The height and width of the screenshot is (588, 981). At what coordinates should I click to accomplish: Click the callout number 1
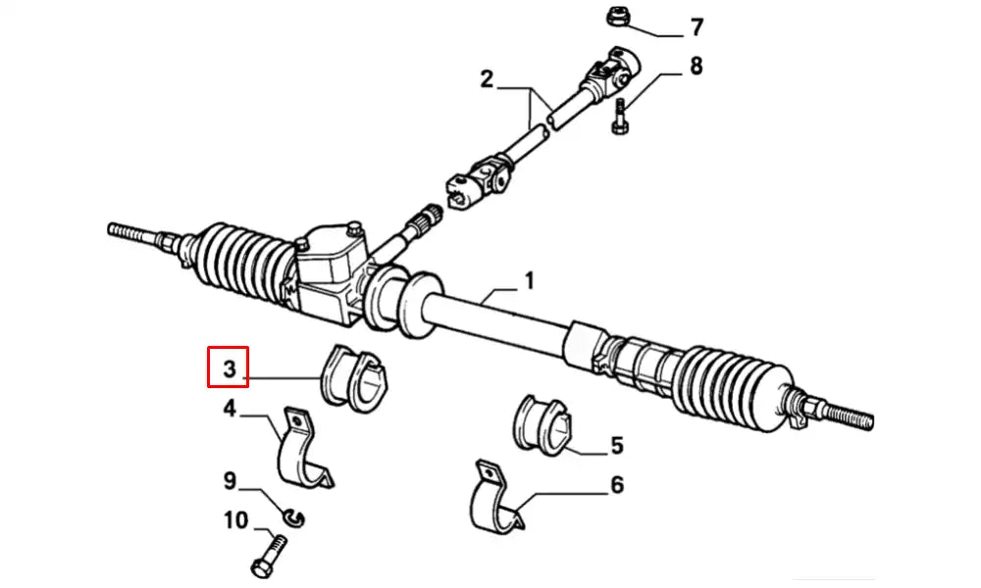point(529,282)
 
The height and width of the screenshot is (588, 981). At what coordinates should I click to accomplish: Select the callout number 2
point(487,79)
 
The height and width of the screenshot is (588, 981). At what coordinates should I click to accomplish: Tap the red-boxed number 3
point(229,368)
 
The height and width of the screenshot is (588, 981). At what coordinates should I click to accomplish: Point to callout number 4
point(230,408)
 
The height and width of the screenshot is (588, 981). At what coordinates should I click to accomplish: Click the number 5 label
point(616,446)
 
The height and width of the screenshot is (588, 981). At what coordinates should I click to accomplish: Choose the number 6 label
point(616,484)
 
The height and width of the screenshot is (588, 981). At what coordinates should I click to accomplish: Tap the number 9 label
point(230,481)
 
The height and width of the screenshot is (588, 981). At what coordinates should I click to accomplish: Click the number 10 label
point(235,520)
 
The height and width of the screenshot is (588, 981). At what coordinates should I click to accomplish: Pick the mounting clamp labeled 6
point(495,502)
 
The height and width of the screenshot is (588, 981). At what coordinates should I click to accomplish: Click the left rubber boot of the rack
point(246,264)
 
